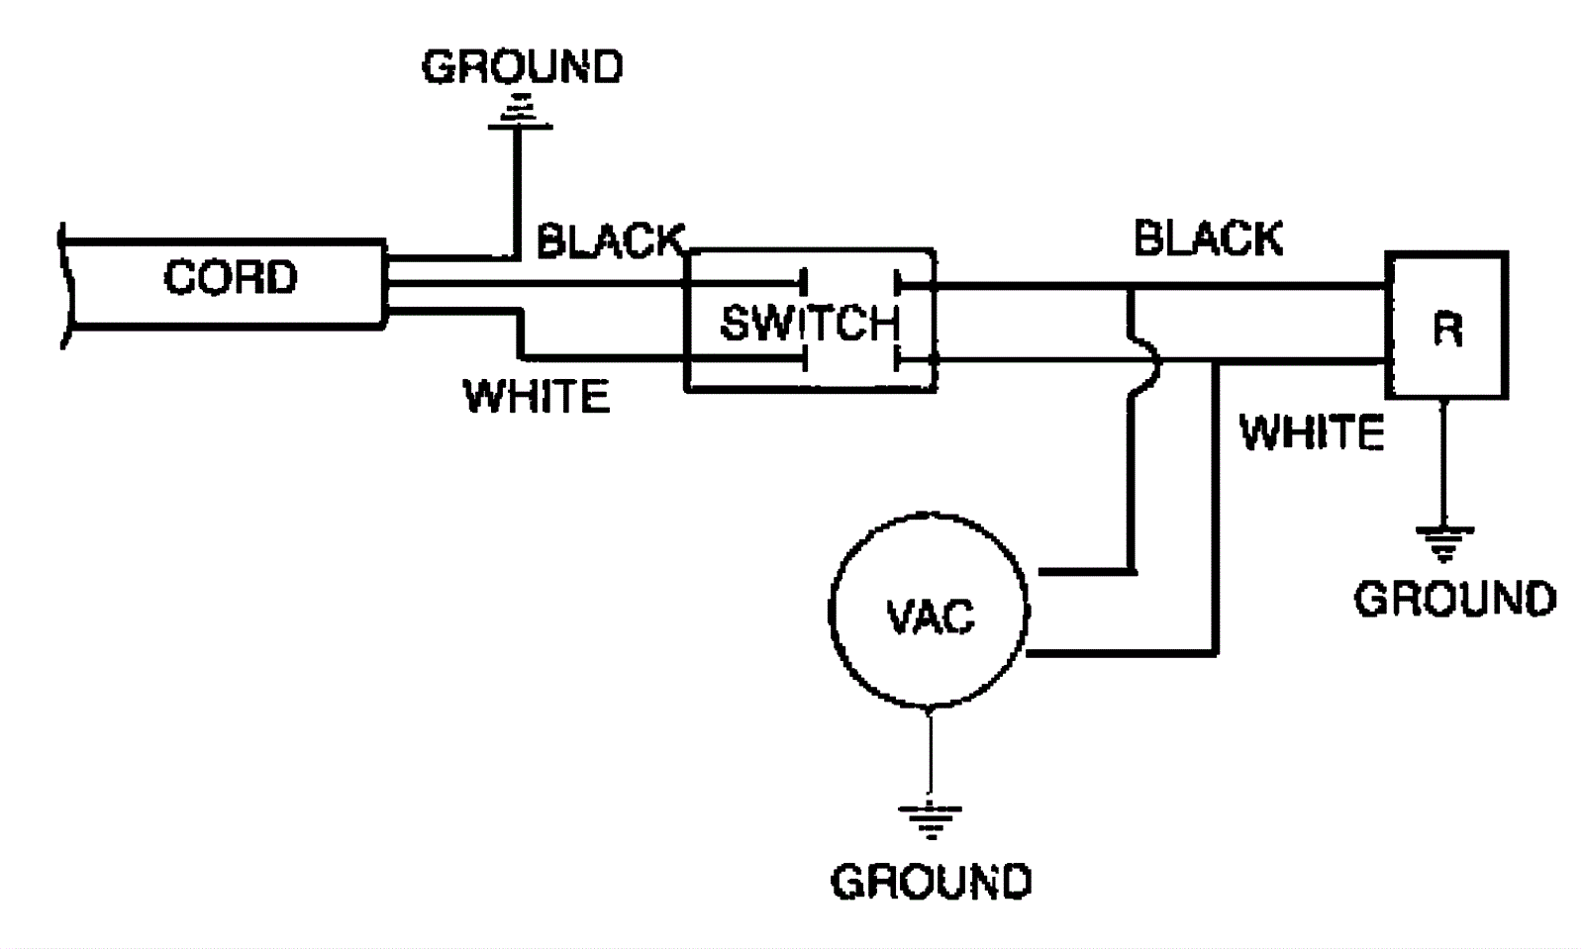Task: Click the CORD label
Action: pyautogui.click(x=230, y=277)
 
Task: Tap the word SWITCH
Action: pyautogui.click(x=809, y=323)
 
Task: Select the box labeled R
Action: pyautogui.click(x=1446, y=326)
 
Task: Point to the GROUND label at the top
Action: pyautogui.click(x=523, y=67)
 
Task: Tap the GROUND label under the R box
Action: pyautogui.click(x=1454, y=599)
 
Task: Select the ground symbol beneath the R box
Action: pyautogui.click(x=1444, y=543)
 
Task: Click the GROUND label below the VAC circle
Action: pyautogui.click(x=931, y=881)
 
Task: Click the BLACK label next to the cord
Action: pyautogui.click(x=610, y=240)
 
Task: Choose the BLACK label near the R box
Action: pyautogui.click(x=1208, y=238)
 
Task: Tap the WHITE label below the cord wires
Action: pyautogui.click(x=537, y=397)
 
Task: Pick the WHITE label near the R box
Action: pyautogui.click(x=1312, y=432)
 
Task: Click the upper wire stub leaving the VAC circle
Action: pyautogui.click(x=1084, y=572)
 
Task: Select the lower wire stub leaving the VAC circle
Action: pyautogui.click(x=1119, y=653)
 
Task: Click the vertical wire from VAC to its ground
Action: pyautogui.click(x=930, y=752)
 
